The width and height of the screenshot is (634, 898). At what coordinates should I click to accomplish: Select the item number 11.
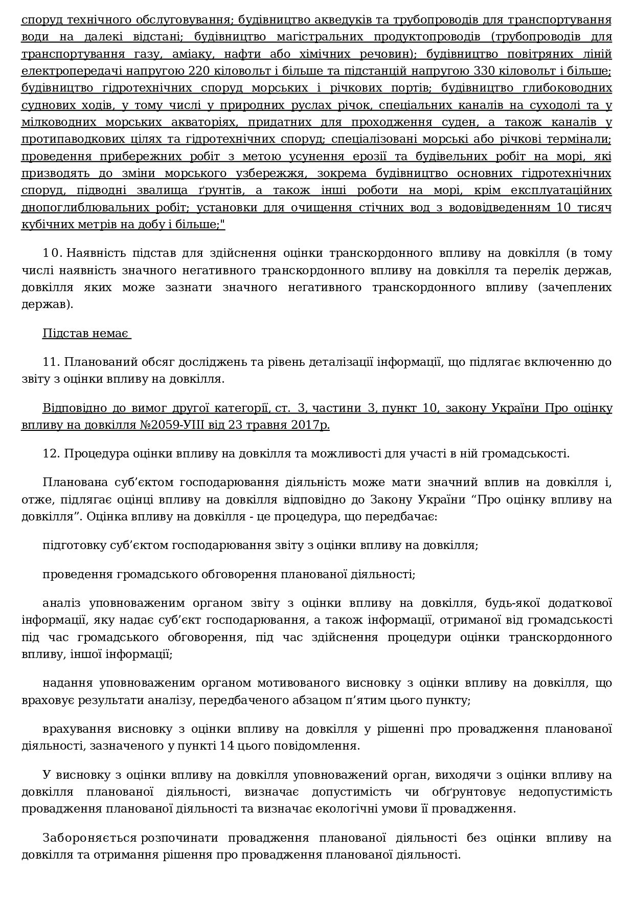click(x=51, y=362)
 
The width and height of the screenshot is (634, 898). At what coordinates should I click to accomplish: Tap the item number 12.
click(x=51, y=454)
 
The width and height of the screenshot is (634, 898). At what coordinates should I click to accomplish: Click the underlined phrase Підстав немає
click(x=86, y=334)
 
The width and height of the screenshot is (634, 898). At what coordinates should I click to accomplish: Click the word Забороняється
click(x=90, y=838)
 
